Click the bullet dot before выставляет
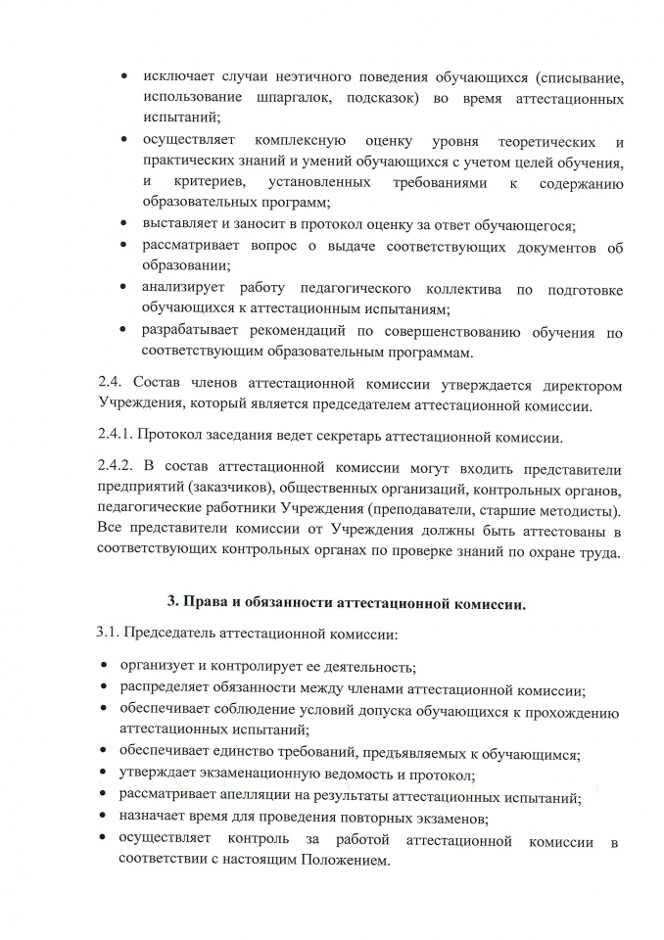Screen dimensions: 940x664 [x=123, y=226]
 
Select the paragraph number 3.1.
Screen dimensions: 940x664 [x=108, y=634]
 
